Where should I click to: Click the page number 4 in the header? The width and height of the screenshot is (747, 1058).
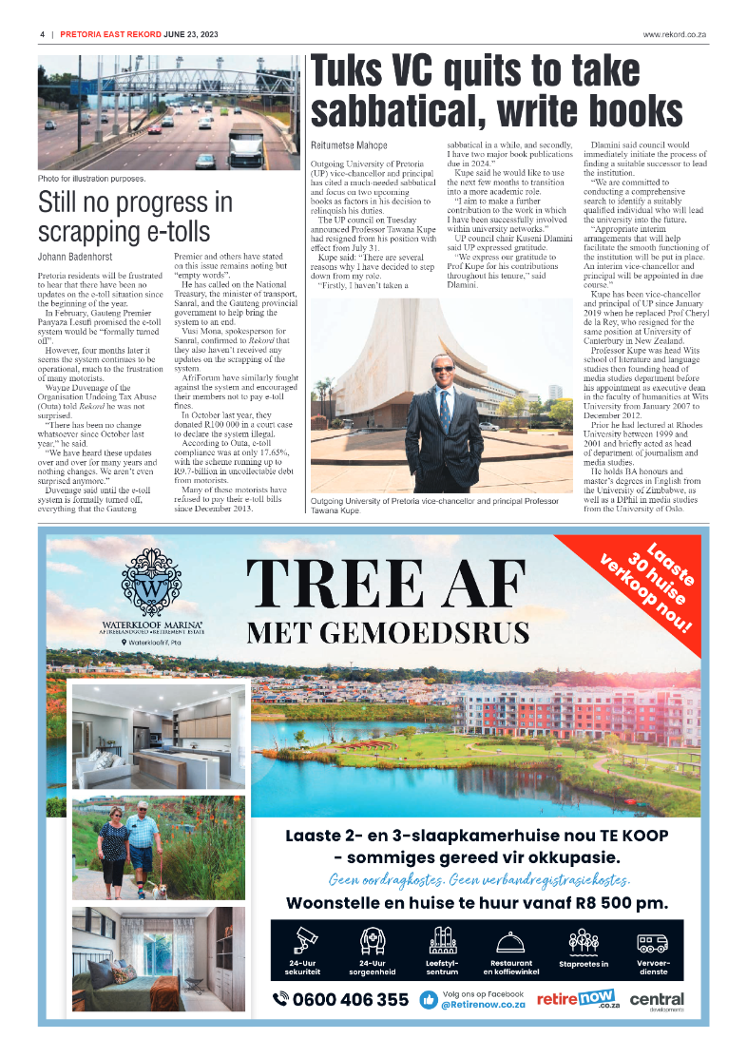(x=43, y=34)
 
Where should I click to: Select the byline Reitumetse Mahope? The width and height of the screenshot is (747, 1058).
(x=349, y=145)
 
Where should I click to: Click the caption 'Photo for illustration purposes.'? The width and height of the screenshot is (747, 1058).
(x=91, y=178)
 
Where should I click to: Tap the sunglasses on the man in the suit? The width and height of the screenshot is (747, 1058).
(x=444, y=368)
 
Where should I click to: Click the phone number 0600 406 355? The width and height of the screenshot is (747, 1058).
(x=341, y=1000)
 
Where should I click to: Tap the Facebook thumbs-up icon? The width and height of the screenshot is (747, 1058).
(x=429, y=1000)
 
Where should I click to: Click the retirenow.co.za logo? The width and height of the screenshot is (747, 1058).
(x=578, y=999)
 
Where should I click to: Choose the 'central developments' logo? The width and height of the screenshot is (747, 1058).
(x=656, y=1001)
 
